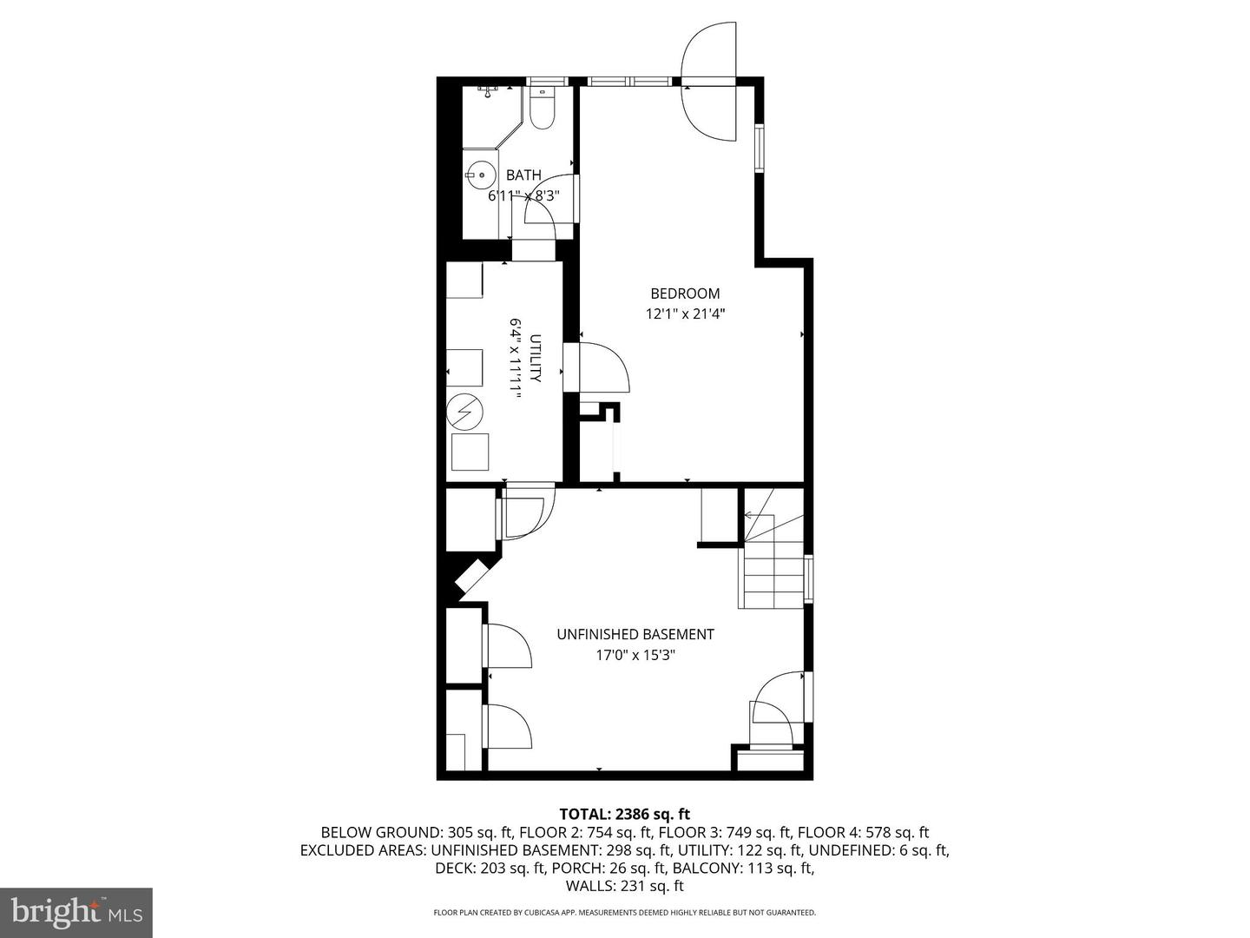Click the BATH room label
tap(523, 175)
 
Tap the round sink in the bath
tap(478, 175)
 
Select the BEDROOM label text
tap(685, 294)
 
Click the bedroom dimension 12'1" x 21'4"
tap(685, 314)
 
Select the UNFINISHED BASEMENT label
tap(635, 635)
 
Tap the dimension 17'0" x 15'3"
tap(635, 656)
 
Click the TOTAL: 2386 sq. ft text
tap(624, 814)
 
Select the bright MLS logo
tap(76, 912)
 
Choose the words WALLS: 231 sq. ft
tap(624, 886)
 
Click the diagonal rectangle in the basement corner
tap(473, 578)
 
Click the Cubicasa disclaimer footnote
tap(624, 913)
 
